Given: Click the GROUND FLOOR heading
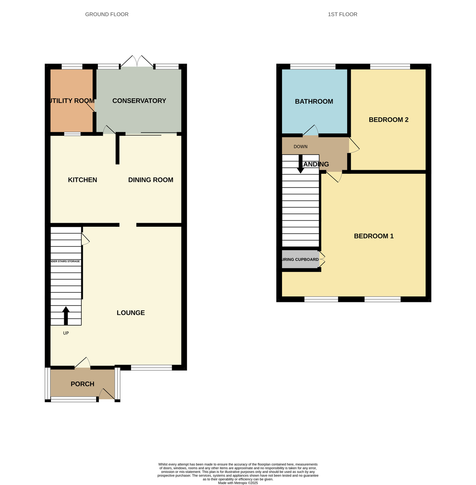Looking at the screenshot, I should pos(107,15).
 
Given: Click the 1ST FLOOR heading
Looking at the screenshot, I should pos(342,15).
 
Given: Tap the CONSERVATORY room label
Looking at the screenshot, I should pos(139,101).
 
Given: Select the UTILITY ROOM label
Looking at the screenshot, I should pos(72,101).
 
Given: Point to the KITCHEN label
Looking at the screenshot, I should pos(82,180).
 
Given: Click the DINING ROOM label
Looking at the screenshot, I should pos(151,180).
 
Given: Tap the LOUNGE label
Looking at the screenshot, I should pos(131,313).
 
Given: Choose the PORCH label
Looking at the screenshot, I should pos(82,384).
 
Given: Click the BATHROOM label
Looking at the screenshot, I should pos(314,101).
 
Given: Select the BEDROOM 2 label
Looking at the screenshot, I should pos(388,120).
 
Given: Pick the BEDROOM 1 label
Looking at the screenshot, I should pos(374,236).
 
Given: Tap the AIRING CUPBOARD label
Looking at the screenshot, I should pos(300,259).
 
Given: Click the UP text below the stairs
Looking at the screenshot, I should pos(66,333).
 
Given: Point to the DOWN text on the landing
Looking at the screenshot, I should pos(301,147).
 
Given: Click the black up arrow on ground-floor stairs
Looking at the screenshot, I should pos(66,316).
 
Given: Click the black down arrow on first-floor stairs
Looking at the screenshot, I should pos(301,164).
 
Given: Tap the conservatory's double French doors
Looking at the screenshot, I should pos(137,62).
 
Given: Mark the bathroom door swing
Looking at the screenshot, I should pos(311,130).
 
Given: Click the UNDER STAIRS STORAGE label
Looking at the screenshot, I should pos(65,261).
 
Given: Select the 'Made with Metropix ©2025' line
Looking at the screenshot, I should pos(238,483).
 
